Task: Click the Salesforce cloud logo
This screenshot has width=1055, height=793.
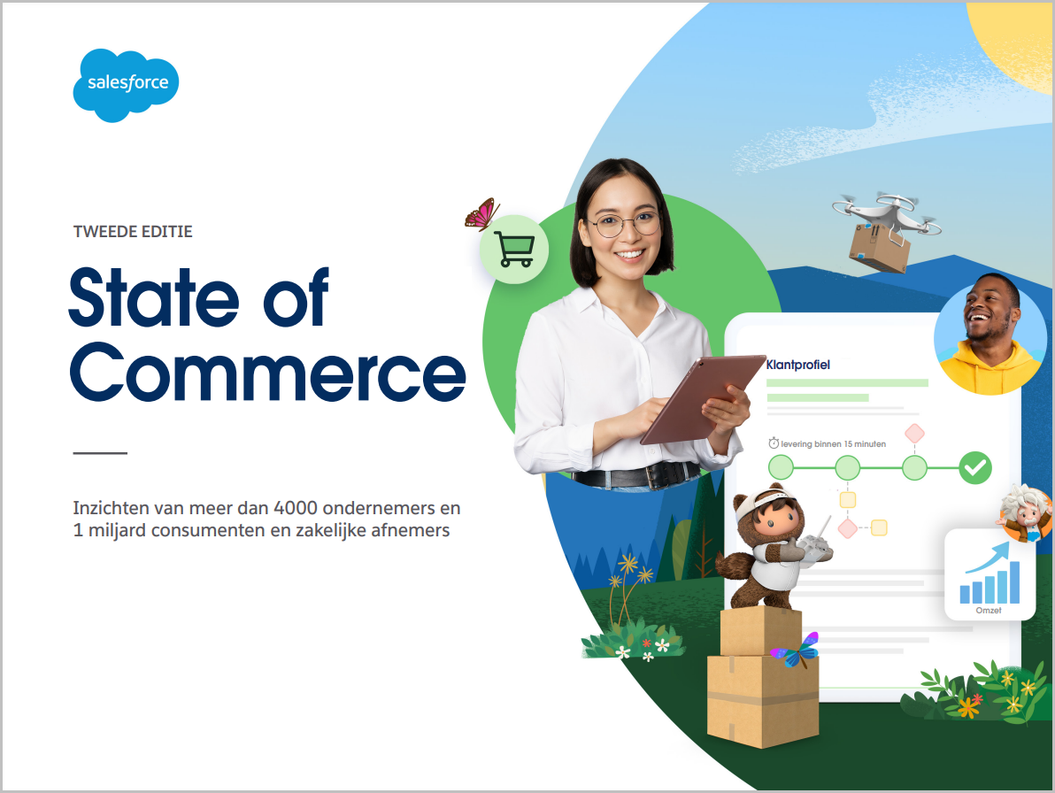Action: pos(126,85)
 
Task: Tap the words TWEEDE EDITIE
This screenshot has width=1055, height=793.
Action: pos(133,231)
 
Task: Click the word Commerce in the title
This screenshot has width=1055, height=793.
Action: pos(268,372)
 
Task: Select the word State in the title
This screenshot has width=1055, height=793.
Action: pos(154,296)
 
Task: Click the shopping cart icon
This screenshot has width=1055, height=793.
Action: pos(514,249)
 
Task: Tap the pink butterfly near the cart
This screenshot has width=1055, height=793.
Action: pos(481,214)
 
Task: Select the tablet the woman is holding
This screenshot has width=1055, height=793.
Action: pos(702,398)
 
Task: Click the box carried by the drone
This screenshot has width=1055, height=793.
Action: pos(880,248)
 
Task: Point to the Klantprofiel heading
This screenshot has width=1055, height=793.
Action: pos(798,365)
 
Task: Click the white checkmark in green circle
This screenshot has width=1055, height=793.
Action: pos(975,467)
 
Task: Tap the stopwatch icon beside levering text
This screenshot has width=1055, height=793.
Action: pos(774,443)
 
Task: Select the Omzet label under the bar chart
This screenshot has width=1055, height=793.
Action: pos(989,610)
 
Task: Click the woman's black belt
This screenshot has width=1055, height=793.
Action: pos(636,475)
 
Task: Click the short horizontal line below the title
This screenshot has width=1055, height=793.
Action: pos(100,453)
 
